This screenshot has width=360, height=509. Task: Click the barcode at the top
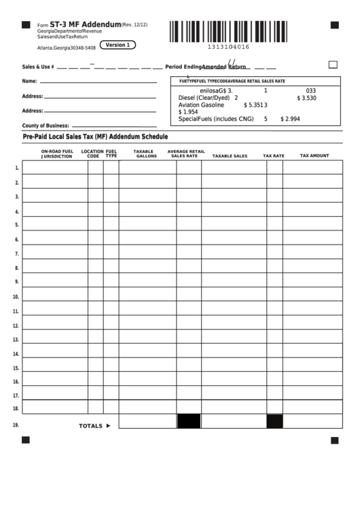point(229,31)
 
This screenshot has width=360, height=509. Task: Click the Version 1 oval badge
point(118,45)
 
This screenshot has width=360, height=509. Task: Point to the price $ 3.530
point(307,98)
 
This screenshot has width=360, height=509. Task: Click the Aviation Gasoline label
point(201,105)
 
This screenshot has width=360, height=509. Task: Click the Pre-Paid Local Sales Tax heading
point(95,137)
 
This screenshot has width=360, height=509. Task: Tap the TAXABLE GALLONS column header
point(145,154)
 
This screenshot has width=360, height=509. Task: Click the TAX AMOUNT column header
point(314,156)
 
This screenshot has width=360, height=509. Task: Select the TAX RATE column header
point(274,156)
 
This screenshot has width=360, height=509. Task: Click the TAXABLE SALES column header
point(230,156)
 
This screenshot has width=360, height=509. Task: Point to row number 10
point(16,297)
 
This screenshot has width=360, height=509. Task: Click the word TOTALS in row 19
point(91,426)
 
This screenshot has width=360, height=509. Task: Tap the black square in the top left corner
point(26,25)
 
